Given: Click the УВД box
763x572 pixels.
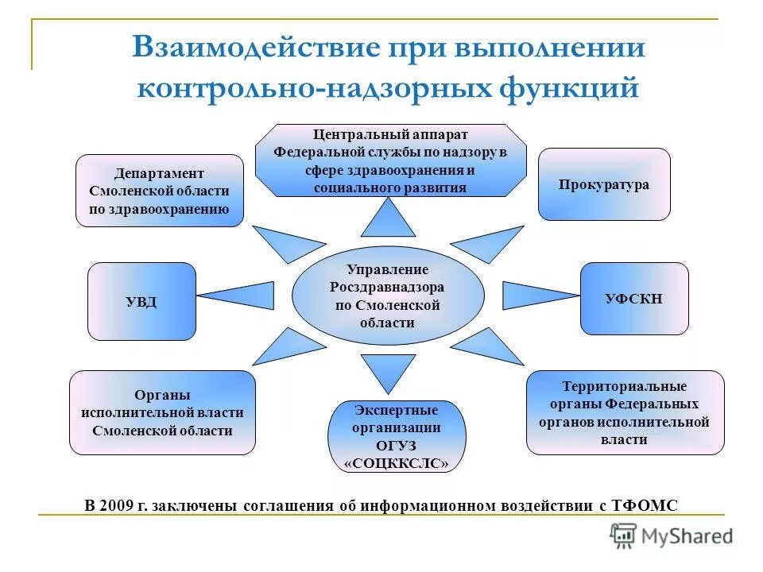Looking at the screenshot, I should (141, 301).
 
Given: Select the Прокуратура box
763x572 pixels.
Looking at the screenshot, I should (604, 184).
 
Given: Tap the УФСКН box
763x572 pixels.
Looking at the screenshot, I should (633, 299).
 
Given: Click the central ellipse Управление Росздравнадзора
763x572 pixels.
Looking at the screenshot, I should (388, 296).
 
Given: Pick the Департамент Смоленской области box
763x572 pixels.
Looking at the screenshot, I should (159, 191).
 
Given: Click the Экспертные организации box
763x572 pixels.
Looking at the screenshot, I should (397, 436).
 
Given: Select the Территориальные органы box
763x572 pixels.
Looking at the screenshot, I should (625, 412).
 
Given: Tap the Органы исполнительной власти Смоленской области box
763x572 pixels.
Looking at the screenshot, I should (162, 412).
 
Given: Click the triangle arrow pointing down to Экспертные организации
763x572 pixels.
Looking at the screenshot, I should (388, 370).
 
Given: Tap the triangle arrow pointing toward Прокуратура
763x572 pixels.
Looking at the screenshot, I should (490, 243).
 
